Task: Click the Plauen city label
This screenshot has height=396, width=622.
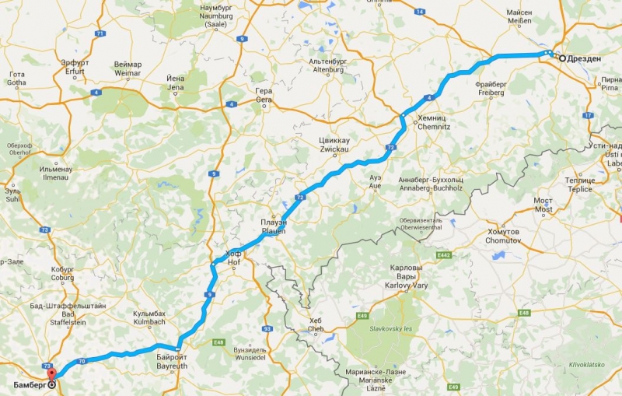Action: (x=274, y=226)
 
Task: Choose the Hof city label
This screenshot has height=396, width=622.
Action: (x=233, y=258)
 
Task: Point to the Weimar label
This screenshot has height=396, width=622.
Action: (x=128, y=69)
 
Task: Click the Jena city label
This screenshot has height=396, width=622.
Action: (x=175, y=83)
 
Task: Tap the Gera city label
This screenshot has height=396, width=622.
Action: (x=264, y=95)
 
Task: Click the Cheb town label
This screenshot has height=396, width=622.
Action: (x=315, y=324)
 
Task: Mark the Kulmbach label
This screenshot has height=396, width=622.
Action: (x=149, y=317)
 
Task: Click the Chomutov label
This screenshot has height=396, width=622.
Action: (x=502, y=237)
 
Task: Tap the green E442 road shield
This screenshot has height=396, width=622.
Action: (x=444, y=254)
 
